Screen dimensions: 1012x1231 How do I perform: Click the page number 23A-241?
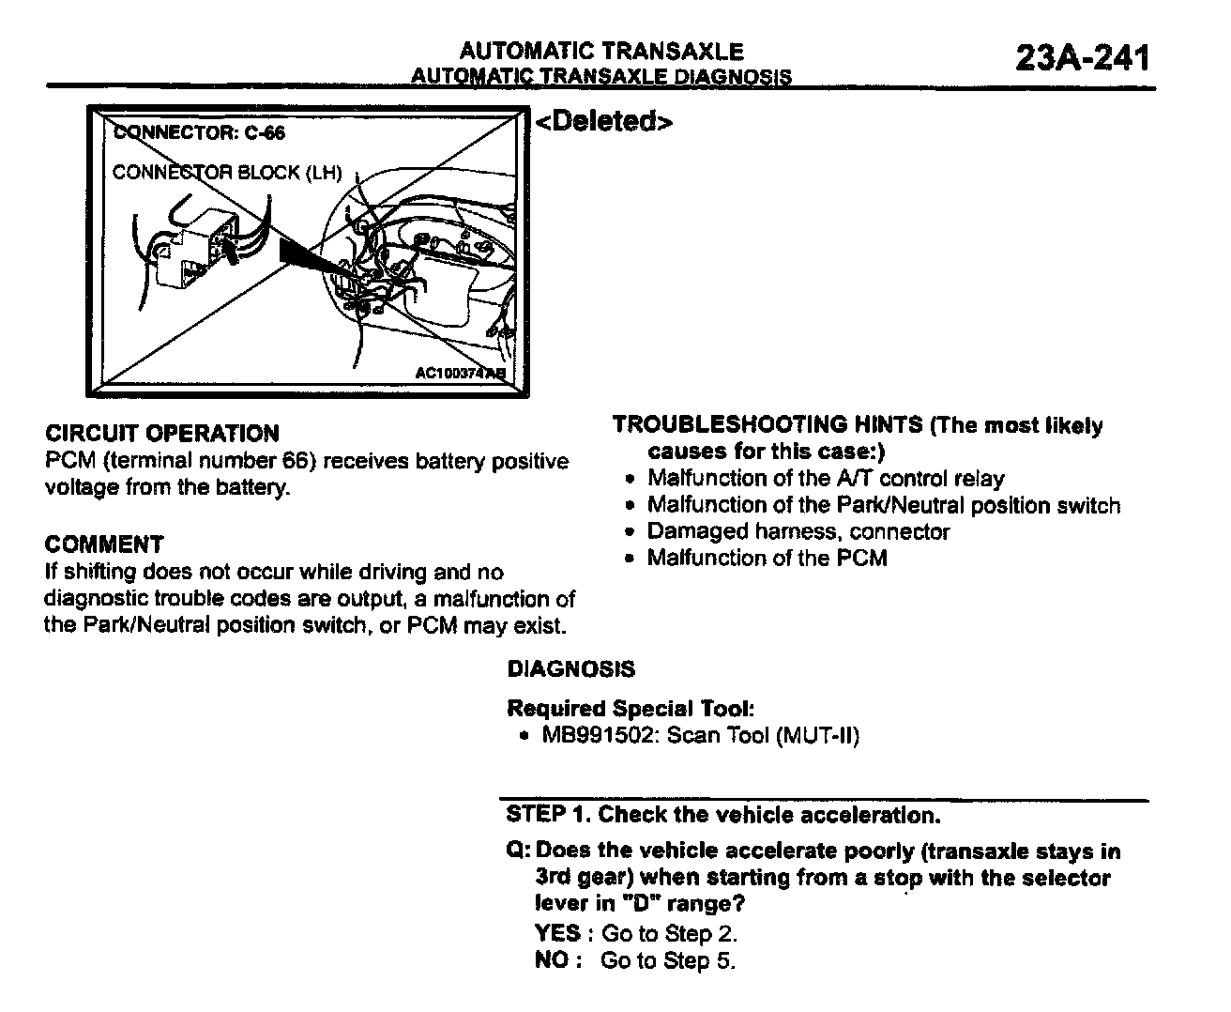coord(1082,58)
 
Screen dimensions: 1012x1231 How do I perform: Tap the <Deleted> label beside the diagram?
coord(603,122)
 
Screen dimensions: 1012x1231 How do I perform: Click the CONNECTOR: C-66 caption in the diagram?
coord(199,132)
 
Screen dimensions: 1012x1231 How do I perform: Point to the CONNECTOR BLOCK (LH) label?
coord(227,173)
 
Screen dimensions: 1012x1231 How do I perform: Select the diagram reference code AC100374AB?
coord(460,373)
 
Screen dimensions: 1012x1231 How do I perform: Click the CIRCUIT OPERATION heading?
coord(162,434)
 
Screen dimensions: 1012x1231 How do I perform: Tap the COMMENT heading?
coord(104,544)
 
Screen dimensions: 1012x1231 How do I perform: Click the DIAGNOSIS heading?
coord(570,669)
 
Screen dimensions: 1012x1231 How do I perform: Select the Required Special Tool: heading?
coord(631,708)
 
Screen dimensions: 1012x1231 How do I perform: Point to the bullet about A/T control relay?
coord(826,479)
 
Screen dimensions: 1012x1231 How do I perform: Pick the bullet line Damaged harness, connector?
coord(798,532)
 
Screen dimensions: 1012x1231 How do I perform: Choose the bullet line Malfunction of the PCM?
coord(767,559)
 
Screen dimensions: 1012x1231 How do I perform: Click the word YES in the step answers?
coord(557,933)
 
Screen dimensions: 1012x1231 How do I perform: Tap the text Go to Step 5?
coord(668,960)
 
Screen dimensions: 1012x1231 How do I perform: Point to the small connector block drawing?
coord(195,249)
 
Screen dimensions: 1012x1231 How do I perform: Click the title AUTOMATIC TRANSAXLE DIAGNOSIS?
coord(601,77)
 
